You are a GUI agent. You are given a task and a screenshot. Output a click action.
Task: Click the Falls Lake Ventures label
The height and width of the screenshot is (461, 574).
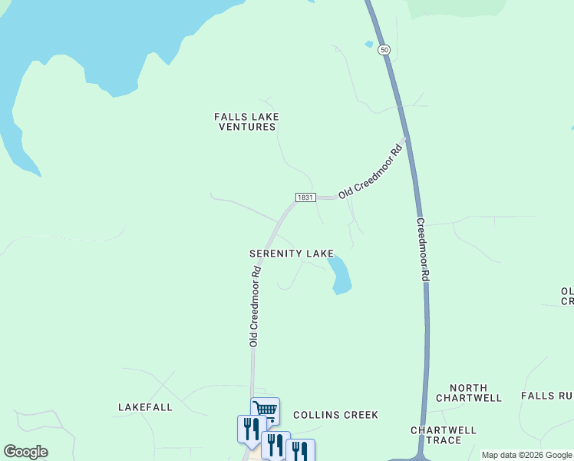pyautogui.click(x=246, y=121)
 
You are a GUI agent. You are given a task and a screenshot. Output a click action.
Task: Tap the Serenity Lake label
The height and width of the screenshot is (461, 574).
pyautogui.click(x=291, y=253)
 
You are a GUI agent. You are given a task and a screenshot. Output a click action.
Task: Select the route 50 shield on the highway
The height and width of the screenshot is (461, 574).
pyautogui.click(x=384, y=49)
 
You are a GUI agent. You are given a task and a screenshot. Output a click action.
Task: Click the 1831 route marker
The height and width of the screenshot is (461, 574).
pyautogui.click(x=304, y=197)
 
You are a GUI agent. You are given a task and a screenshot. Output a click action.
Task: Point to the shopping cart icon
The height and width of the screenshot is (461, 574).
pyautogui.click(x=265, y=409)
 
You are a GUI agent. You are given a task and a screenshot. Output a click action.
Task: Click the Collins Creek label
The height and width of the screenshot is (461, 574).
pyautogui.click(x=335, y=415)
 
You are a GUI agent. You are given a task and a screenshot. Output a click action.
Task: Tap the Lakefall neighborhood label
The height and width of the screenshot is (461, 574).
pyautogui.click(x=145, y=406)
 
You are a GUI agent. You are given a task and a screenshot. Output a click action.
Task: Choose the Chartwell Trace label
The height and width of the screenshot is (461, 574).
pyautogui.click(x=444, y=435)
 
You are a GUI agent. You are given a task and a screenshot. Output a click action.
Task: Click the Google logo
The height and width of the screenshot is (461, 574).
pyautogui.click(x=25, y=452)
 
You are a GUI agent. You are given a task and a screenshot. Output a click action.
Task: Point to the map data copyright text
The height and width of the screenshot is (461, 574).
pyautogui.click(x=526, y=455)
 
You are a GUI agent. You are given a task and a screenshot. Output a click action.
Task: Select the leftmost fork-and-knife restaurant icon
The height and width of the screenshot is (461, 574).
pyautogui.click(x=251, y=428)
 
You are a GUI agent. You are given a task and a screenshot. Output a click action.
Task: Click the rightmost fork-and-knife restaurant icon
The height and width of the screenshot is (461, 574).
pyautogui.click(x=300, y=450)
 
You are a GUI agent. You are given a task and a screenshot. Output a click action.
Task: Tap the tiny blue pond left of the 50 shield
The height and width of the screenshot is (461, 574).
pyautogui.click(x=369, y=45)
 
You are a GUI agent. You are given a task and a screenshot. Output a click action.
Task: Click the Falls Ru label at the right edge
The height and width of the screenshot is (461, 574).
pyautogui.click(x=547, y=396)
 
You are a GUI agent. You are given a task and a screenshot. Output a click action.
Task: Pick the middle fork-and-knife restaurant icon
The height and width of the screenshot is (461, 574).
pyautogui.click(x=275, y=443)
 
